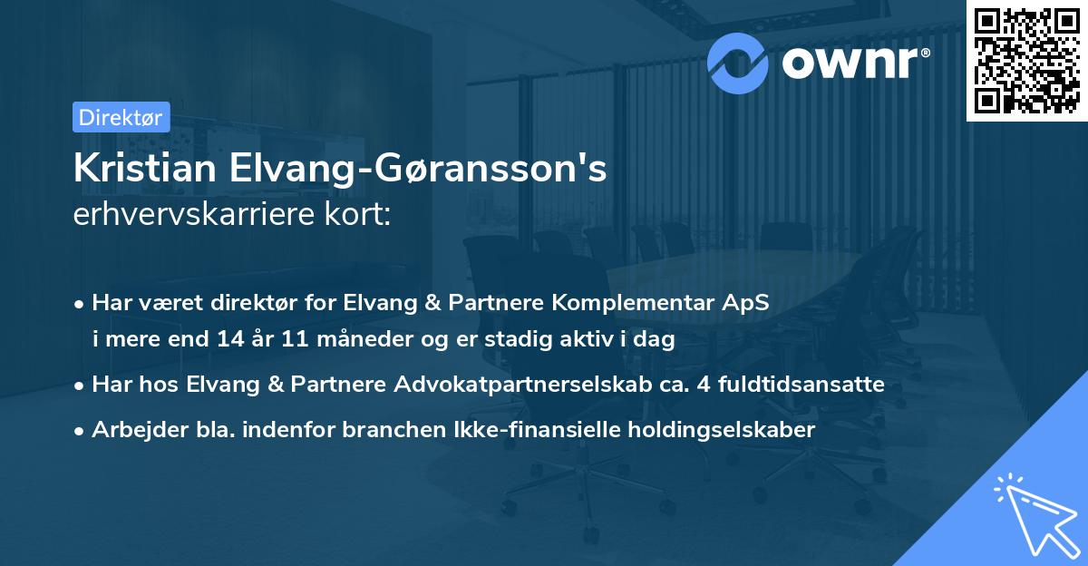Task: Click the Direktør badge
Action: [x=120, y=117]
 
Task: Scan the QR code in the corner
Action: [x=1027, y=60]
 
